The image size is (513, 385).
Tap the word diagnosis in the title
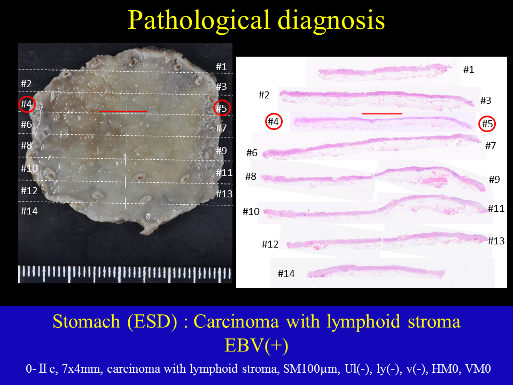click(x=331, y=21)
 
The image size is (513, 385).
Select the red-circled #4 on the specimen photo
click(x=27, y=104)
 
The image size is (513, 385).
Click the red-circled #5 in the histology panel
click(x=487, y=124)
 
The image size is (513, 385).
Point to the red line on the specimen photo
click(x=123, y=111)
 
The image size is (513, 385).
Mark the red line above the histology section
click(x=382, y=113)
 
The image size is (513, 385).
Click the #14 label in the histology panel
click(x=286, y=273)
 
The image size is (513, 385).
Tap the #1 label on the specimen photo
click(x=221, y=67)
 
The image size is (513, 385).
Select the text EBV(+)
click(x=256, y=345)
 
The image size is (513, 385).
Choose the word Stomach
click(x=87, y=321)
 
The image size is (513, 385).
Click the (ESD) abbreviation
click(x=152, y=321)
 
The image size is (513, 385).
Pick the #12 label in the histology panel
click(x=270, y=244)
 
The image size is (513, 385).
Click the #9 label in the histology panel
click(x=494, y=180)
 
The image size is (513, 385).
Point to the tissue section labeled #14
click(x=376, y=272)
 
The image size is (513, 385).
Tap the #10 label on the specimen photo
click(x=29, y=168)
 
